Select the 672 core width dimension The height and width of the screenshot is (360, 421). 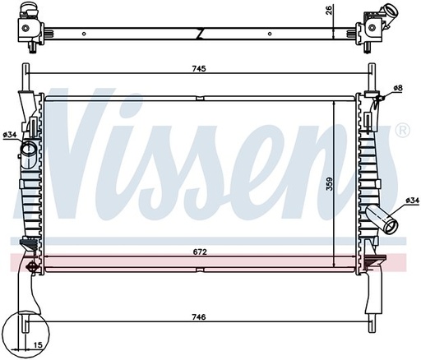[198, 250]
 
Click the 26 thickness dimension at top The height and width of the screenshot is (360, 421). [326, 10]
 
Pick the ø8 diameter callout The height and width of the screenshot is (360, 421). [398, 87]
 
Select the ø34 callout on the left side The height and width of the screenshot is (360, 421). [10, 134]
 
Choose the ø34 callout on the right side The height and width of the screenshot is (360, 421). [412, 201]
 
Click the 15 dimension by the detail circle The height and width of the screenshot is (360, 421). [39, 346]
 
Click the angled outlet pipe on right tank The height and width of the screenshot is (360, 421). [382, 219]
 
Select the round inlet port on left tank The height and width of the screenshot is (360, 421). [27, 150]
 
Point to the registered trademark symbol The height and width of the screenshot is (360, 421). [401, 130]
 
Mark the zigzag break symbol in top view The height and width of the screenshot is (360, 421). [201, 33]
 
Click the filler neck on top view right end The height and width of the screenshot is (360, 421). [386, 14]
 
